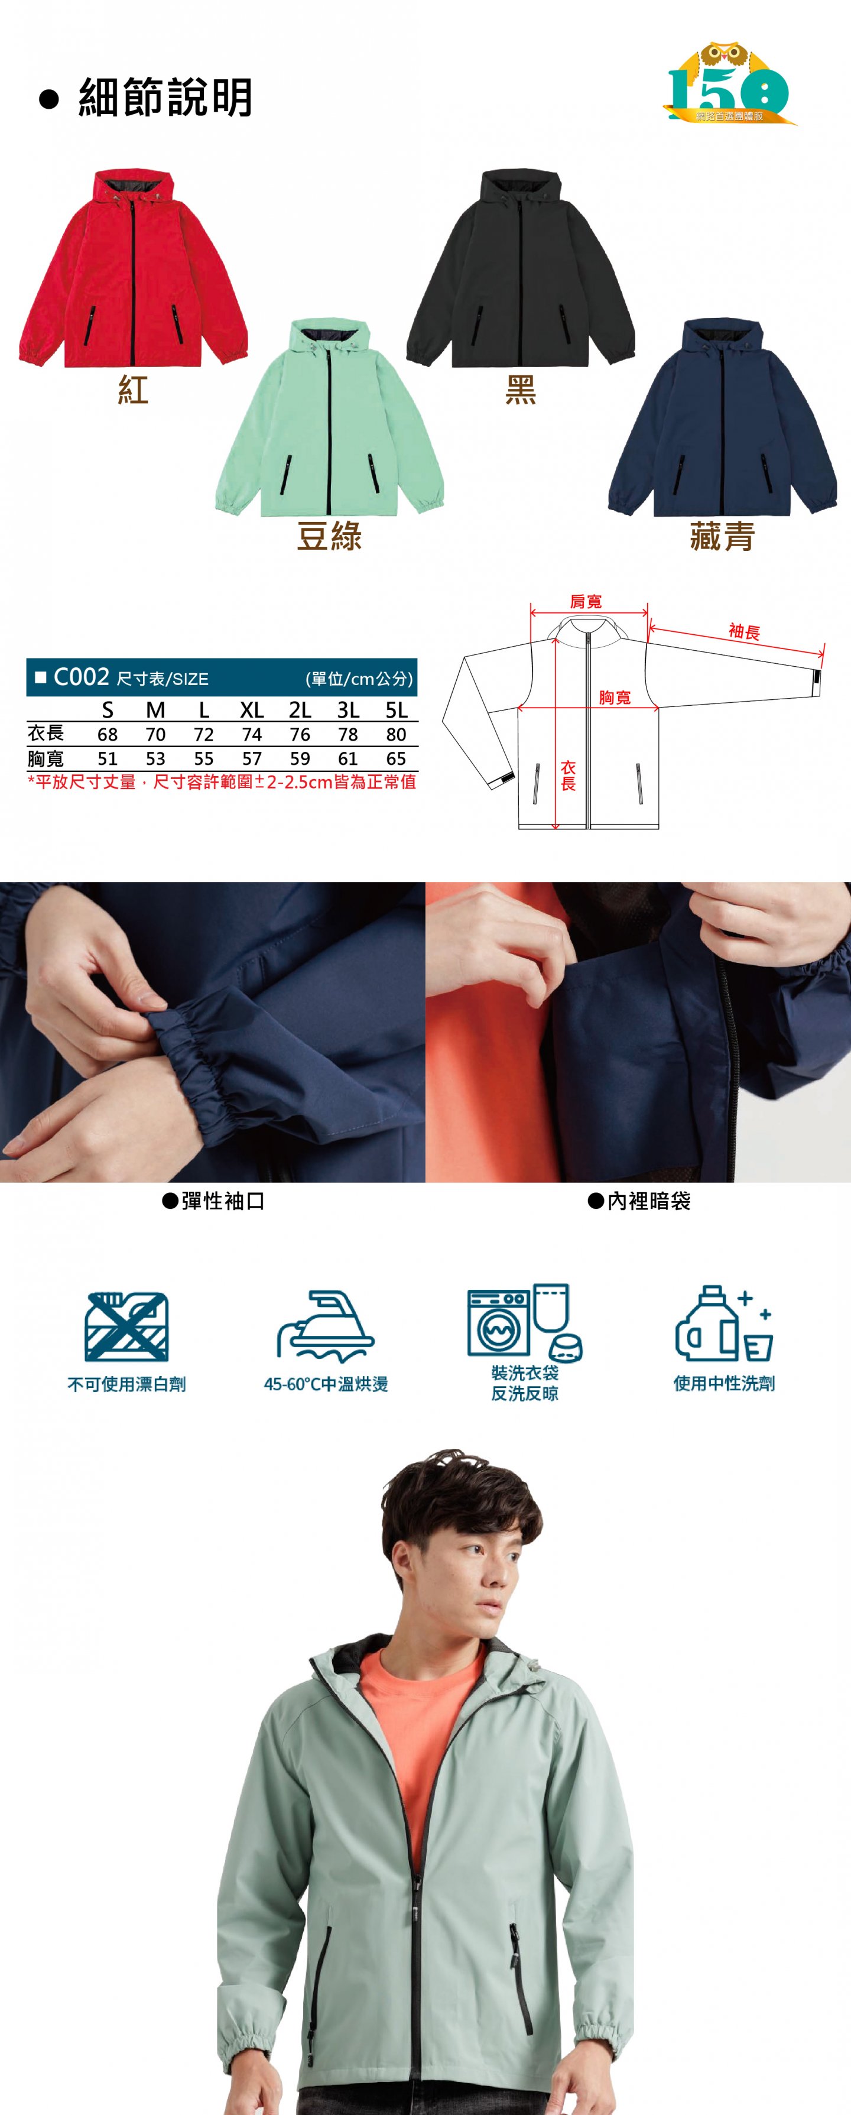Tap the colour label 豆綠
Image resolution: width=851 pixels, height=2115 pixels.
click(x=329, y=537)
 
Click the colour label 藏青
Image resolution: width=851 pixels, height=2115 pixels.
click(x=722, y=537)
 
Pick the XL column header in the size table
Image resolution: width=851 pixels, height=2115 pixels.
click(x=252, y=709)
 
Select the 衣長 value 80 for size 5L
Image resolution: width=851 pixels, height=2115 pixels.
click(x=397, y=734)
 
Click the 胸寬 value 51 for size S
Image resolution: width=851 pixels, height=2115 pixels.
click(x=108, y=758)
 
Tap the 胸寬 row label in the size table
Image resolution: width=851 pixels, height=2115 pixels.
click(x=46, y=758)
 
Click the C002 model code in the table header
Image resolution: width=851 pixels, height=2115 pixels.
click(x=81, y=677)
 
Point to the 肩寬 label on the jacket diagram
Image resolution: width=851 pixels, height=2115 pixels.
click(x=586, y=602)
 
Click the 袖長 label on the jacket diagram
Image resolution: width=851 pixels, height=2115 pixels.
click(x=744, y=631)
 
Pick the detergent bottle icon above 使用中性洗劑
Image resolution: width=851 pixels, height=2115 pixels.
click(x=724, y=1324)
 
